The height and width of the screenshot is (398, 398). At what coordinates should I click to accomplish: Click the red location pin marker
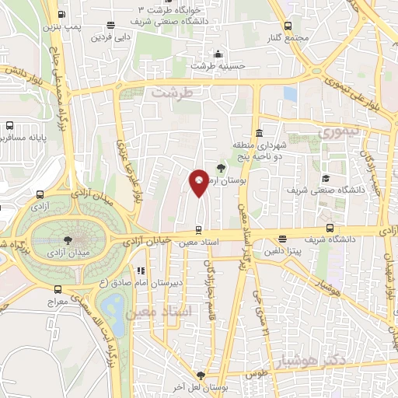(x=199, y=182)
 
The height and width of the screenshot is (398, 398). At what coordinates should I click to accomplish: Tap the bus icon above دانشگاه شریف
(x=330, y=228)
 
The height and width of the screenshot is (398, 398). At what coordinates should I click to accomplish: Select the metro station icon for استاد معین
(x=199, y=230)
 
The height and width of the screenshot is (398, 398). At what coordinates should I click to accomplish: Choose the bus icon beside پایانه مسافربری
(x=9, y=125)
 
